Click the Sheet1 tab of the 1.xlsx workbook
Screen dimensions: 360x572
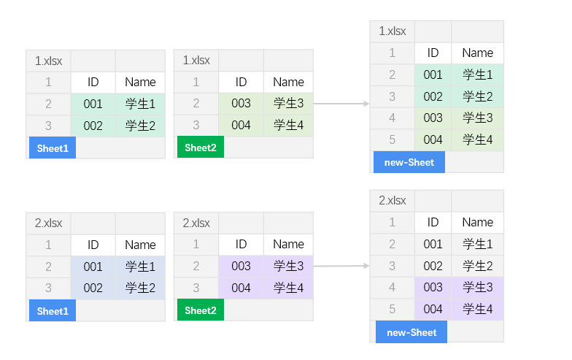[x=52, y=148]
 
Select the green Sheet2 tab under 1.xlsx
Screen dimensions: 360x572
[x=200, y=148]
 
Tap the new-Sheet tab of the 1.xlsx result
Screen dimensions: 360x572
[x=409, y=163]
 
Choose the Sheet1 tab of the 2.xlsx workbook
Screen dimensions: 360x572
[x=52, y=311]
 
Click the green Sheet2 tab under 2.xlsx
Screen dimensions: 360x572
[x=200, y=310]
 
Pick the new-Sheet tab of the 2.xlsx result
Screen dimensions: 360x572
[x=411, y=332]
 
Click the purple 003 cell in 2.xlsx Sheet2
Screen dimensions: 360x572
[x=241, y=267]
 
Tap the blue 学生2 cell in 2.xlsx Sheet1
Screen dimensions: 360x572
[x=140, y=288]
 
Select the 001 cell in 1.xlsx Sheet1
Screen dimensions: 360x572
[x=93, y=104]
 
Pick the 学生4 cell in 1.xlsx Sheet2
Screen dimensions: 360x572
[x=288, y=126]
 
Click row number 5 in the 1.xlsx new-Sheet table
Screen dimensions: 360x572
[x=393, y=139]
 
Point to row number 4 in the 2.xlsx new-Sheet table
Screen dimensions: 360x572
[x=393, y=288]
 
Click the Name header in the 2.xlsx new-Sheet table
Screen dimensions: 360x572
[x=478, y=222]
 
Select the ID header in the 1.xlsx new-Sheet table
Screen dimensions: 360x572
[x=433, y=53]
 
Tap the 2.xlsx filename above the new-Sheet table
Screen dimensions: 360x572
[x=393, y=201]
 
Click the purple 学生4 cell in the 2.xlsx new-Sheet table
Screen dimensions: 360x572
[x=478, y=310]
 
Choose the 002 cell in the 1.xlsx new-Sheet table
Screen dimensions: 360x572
[x=433, y=96]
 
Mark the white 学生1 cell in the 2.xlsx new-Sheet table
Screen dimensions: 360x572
[x=478, y=244]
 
